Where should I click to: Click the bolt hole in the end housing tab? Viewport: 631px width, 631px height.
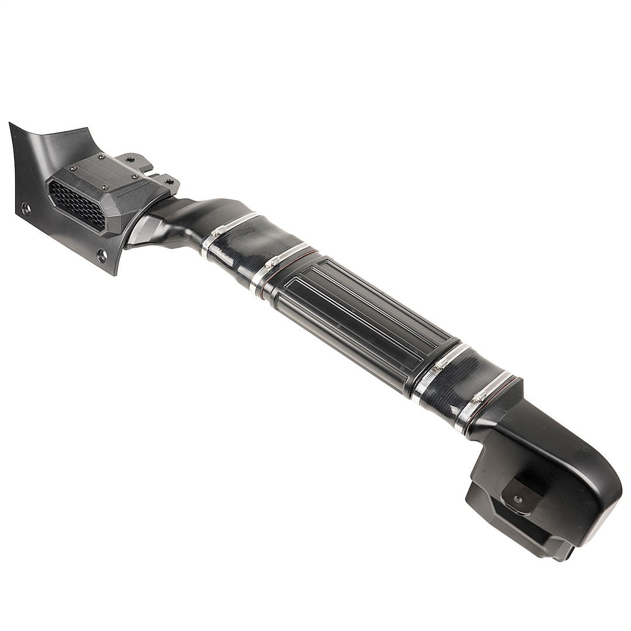[518, 500]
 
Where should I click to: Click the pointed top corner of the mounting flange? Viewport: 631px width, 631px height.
[12, 125]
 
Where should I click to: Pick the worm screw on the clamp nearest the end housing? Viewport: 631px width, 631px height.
[480, 397]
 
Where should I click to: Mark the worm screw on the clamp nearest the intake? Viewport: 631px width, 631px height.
[217, 231]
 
